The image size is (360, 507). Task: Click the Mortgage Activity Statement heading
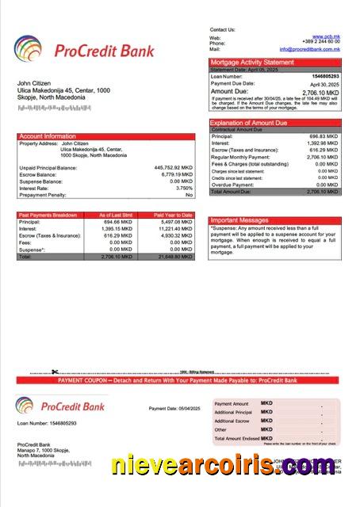(251, 62)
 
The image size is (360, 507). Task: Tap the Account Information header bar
(105, 136)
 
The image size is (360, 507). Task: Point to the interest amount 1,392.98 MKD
(324, 143)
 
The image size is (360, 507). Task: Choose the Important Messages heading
(240, 220)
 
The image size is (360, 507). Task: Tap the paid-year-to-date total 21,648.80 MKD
(174, 257)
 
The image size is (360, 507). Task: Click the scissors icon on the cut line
(55, 372)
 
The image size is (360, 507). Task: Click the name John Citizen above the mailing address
(34, 83)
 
